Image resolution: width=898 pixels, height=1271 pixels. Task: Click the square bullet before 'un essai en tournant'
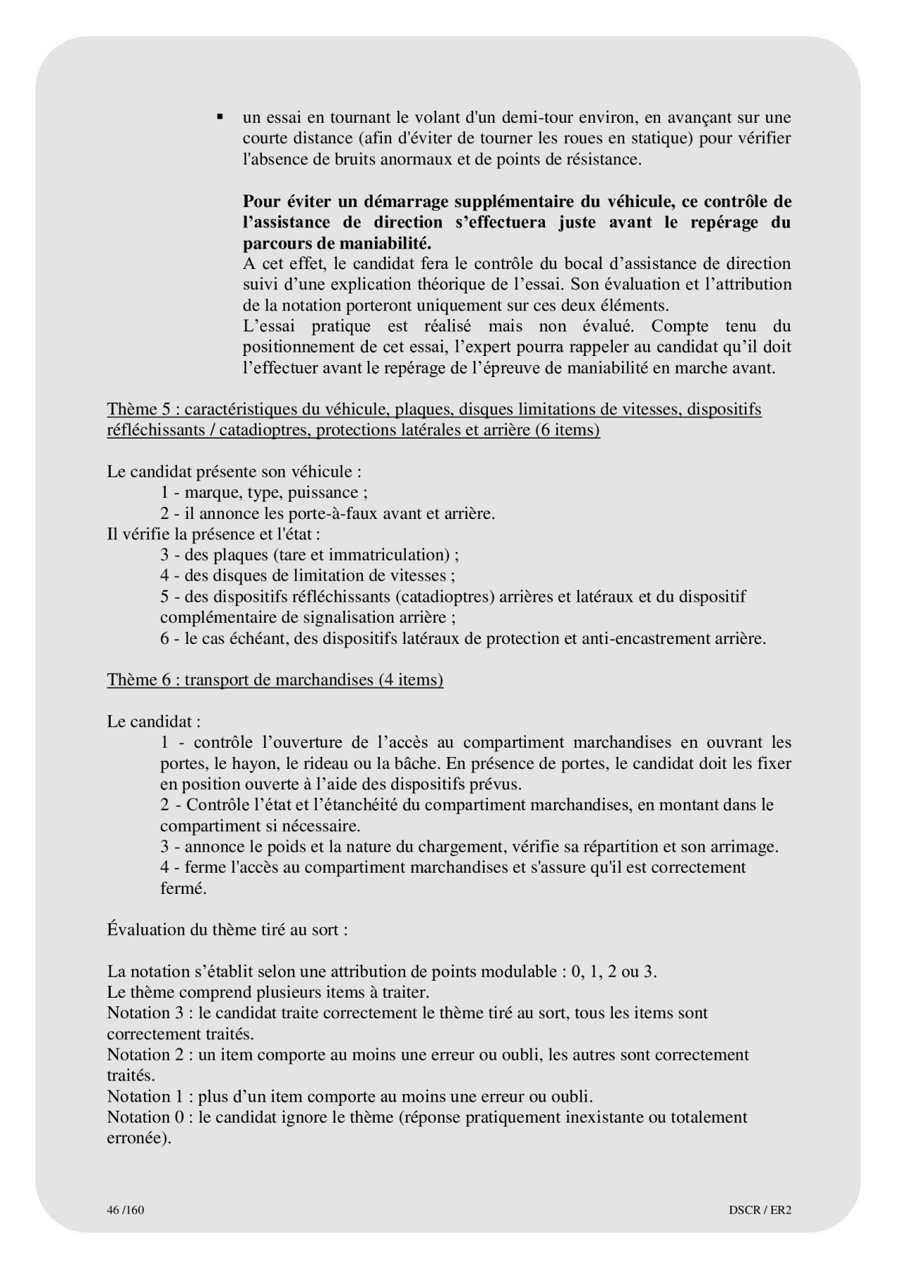tap(220, 117)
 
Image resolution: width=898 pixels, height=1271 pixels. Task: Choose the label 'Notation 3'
tap(145, 1013)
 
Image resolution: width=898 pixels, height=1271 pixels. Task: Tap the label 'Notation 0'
tap(145, 1117)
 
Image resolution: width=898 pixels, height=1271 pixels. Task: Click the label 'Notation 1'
tap(145, 1097)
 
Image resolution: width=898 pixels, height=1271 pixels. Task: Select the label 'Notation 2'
tap(145, 1054)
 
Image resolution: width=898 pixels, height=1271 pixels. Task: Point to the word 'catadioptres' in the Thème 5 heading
tap(263, 429)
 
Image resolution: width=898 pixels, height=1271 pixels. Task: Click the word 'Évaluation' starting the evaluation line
tap(146, 929)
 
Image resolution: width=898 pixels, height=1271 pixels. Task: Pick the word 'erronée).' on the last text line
tap(139, 1138)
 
